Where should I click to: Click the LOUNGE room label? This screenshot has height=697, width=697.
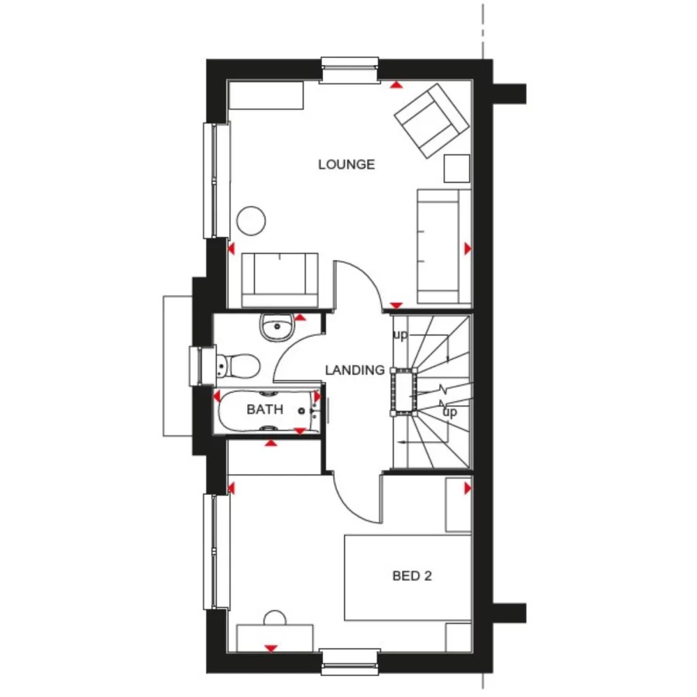click(x=346, y=164)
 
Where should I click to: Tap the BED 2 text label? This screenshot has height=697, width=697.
click(x=411, y=575)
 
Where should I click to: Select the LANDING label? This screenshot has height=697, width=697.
click(x=355, y=370)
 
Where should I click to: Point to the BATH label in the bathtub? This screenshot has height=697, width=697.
click(x=265, y=410)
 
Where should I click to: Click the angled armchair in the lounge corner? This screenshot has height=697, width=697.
click(x=431, y=121)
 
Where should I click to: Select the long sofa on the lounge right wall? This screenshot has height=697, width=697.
click(x=444, y=245)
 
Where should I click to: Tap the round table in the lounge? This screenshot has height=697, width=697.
click(x=251, y=221)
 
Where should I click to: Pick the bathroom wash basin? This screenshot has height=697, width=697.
click(x=274, y=328)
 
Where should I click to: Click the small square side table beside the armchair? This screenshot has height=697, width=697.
click(x=457, y=168)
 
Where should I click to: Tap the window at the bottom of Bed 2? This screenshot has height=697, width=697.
click(x=350, y=661)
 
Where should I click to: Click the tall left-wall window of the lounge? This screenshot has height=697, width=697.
click(x=216, y=180)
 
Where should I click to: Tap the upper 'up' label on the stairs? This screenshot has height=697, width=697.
click(x=400, y=335)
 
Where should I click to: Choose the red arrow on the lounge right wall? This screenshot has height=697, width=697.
click(x=467, y=248)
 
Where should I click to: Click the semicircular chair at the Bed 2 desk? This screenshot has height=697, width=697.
click(x=274, y=617)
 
